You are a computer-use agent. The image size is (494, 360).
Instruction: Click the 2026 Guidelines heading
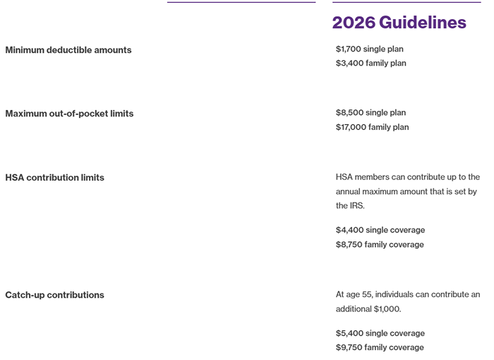(x=399, y=23)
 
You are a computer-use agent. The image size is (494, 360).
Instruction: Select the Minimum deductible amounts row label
(x=68, y=50)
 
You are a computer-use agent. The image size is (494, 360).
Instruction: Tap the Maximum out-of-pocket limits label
(x=69, y=114)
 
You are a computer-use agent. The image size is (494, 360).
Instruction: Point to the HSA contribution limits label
(x=54, y=178)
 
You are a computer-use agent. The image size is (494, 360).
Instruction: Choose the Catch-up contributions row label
(x=54, y=295)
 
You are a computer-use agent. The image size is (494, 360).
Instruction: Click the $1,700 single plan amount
(x=370, y=49)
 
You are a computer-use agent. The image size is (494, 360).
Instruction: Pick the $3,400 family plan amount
(x=371, y=64)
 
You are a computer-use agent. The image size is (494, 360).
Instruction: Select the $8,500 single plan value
(x=371, y=113)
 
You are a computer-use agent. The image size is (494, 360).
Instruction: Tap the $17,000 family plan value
(x=373, y=128)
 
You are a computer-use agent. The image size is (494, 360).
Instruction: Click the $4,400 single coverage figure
(x=380, y=230)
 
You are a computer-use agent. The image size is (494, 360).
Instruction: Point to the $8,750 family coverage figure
(x=380, y=245)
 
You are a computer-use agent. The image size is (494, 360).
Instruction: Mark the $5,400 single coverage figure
(x=380, y=333)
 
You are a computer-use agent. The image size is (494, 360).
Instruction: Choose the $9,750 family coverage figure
(x=380, y=348)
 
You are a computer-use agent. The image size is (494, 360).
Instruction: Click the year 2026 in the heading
(x=354, y=23)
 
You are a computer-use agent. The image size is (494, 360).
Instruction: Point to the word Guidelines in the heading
(x=423, y=23)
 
